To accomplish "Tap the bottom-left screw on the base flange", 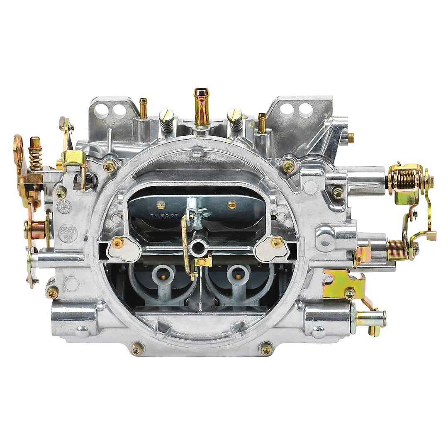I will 137,348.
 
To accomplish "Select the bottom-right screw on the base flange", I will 266,348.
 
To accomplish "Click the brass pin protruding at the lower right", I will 370,319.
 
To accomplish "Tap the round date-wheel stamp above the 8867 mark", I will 64,206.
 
